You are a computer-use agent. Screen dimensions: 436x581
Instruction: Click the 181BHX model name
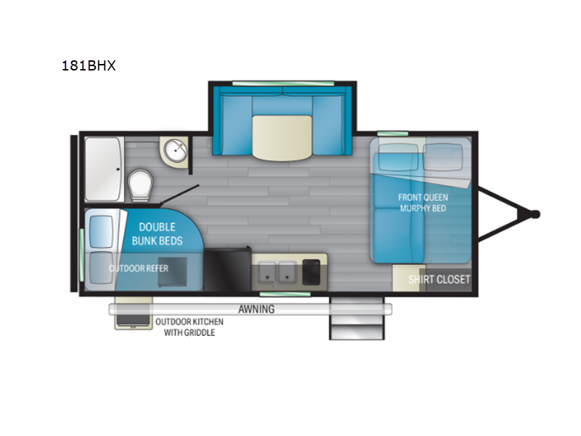[x=89, y=65]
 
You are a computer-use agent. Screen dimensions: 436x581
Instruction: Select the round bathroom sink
[x=175, y=150]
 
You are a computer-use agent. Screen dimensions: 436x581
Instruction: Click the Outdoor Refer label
[x=139, y=268]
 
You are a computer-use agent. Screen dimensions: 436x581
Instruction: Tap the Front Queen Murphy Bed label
[x=423, y=203]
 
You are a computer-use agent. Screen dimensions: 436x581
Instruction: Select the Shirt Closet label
[x=439, y=279]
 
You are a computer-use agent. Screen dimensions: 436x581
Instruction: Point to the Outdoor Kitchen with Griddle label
[x=189, y=326]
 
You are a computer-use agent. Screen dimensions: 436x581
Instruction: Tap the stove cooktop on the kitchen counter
[x=313, y=272]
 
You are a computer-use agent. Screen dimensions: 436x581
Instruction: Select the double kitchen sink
[x=278, y=272]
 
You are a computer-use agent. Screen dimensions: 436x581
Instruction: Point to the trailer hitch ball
[x=535, y=214]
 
